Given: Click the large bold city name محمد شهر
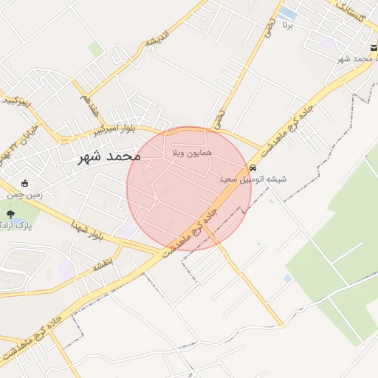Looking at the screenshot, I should point(107,157).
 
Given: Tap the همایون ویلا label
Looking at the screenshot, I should point(191,152).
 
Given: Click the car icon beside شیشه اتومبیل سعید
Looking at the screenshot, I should point(253,168).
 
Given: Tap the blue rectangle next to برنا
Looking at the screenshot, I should point(289,13).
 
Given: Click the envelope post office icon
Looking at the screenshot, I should point(374,48).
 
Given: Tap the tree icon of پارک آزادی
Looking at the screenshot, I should point(10,214).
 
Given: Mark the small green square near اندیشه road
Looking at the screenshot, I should point(95,49).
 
